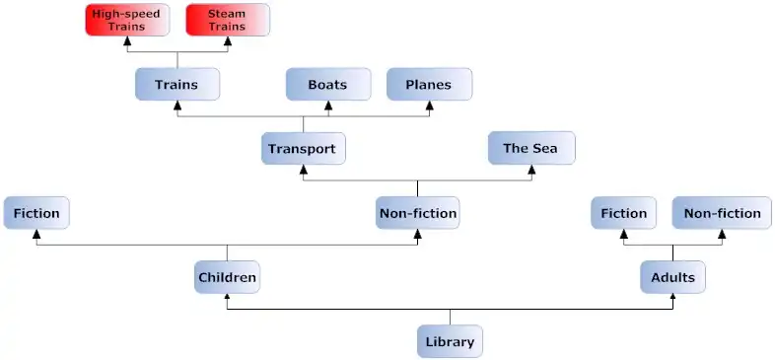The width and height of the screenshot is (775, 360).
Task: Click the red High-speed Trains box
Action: click(x=126, y=20)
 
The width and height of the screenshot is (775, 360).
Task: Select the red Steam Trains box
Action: click(x=227, y=20)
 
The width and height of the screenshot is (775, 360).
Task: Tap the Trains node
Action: click(x=176, y=85)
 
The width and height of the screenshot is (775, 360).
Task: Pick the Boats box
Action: click(x=328, y=85)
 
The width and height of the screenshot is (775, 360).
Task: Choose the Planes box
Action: click(x=429, y=85)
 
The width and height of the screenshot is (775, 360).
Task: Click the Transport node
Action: click(x=304, y=149)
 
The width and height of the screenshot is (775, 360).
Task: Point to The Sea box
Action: click(x=530, y=149)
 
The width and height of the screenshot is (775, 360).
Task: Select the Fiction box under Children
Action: click(x=36, y=213)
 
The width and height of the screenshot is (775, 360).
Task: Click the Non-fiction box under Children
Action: click(x=418, y=213)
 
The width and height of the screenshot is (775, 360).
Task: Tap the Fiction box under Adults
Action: click(x=624, y=213)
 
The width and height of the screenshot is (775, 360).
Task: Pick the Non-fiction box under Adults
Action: click(x=722, y=213)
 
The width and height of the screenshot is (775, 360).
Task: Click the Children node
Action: click(x=227, y=277)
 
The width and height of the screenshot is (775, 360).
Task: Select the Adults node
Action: click(x=673, y=277)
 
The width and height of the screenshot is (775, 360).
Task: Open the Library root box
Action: click(x=450, y=341)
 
